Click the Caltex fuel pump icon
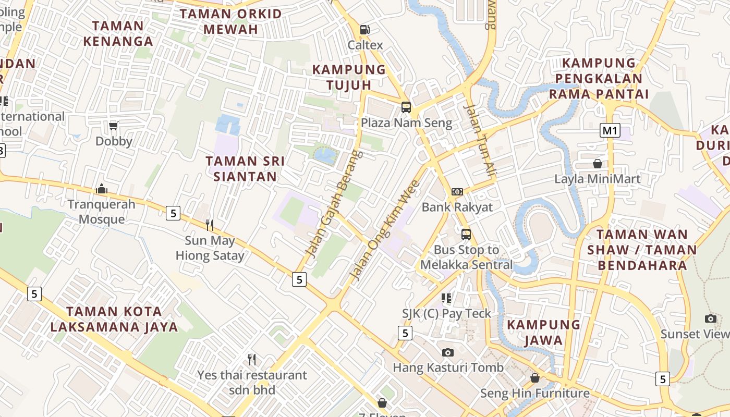tap(365, 30)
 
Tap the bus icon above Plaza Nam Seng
tap(406, 107)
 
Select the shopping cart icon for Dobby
tap(114, 126)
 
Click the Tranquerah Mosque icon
tap(102, 188)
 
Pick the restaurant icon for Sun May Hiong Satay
tap(210, 225)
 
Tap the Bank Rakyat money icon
tap(457, 192)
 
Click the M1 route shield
tap(610, 130)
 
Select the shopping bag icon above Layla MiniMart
tap(598, 164)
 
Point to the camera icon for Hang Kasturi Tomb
tap(448, 352)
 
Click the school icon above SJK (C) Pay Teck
tap(446, 298)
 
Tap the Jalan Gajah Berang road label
tap(334, 204)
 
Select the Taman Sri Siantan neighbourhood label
tap(245, 169)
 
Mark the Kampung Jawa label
tap(544, 333)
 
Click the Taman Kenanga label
tap(119, 33)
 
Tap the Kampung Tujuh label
tap(349, 77)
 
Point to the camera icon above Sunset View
tap(711, 318)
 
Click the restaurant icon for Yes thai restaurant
tap(252, 360)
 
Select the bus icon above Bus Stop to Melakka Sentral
tap(466, 235)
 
